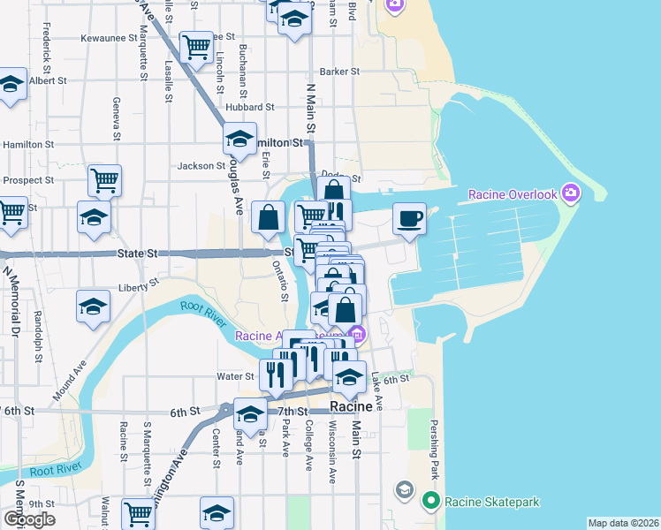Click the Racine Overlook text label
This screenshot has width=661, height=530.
coord(513,194)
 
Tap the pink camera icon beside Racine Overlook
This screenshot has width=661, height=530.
coord(570,193)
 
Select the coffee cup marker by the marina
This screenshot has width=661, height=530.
coord(409,218)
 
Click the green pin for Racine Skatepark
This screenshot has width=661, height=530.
coord(430,502)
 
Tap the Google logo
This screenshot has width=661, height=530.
coord(29,519)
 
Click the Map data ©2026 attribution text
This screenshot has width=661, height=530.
coord(624,523)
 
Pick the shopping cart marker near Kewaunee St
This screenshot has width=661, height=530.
coord(196,46)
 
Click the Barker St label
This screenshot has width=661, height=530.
coord(340,72)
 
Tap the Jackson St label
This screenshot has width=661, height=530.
coord(201,166)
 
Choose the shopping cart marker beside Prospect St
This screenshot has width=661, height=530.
coord(104,180)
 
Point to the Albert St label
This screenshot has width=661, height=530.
coord(48,80)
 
